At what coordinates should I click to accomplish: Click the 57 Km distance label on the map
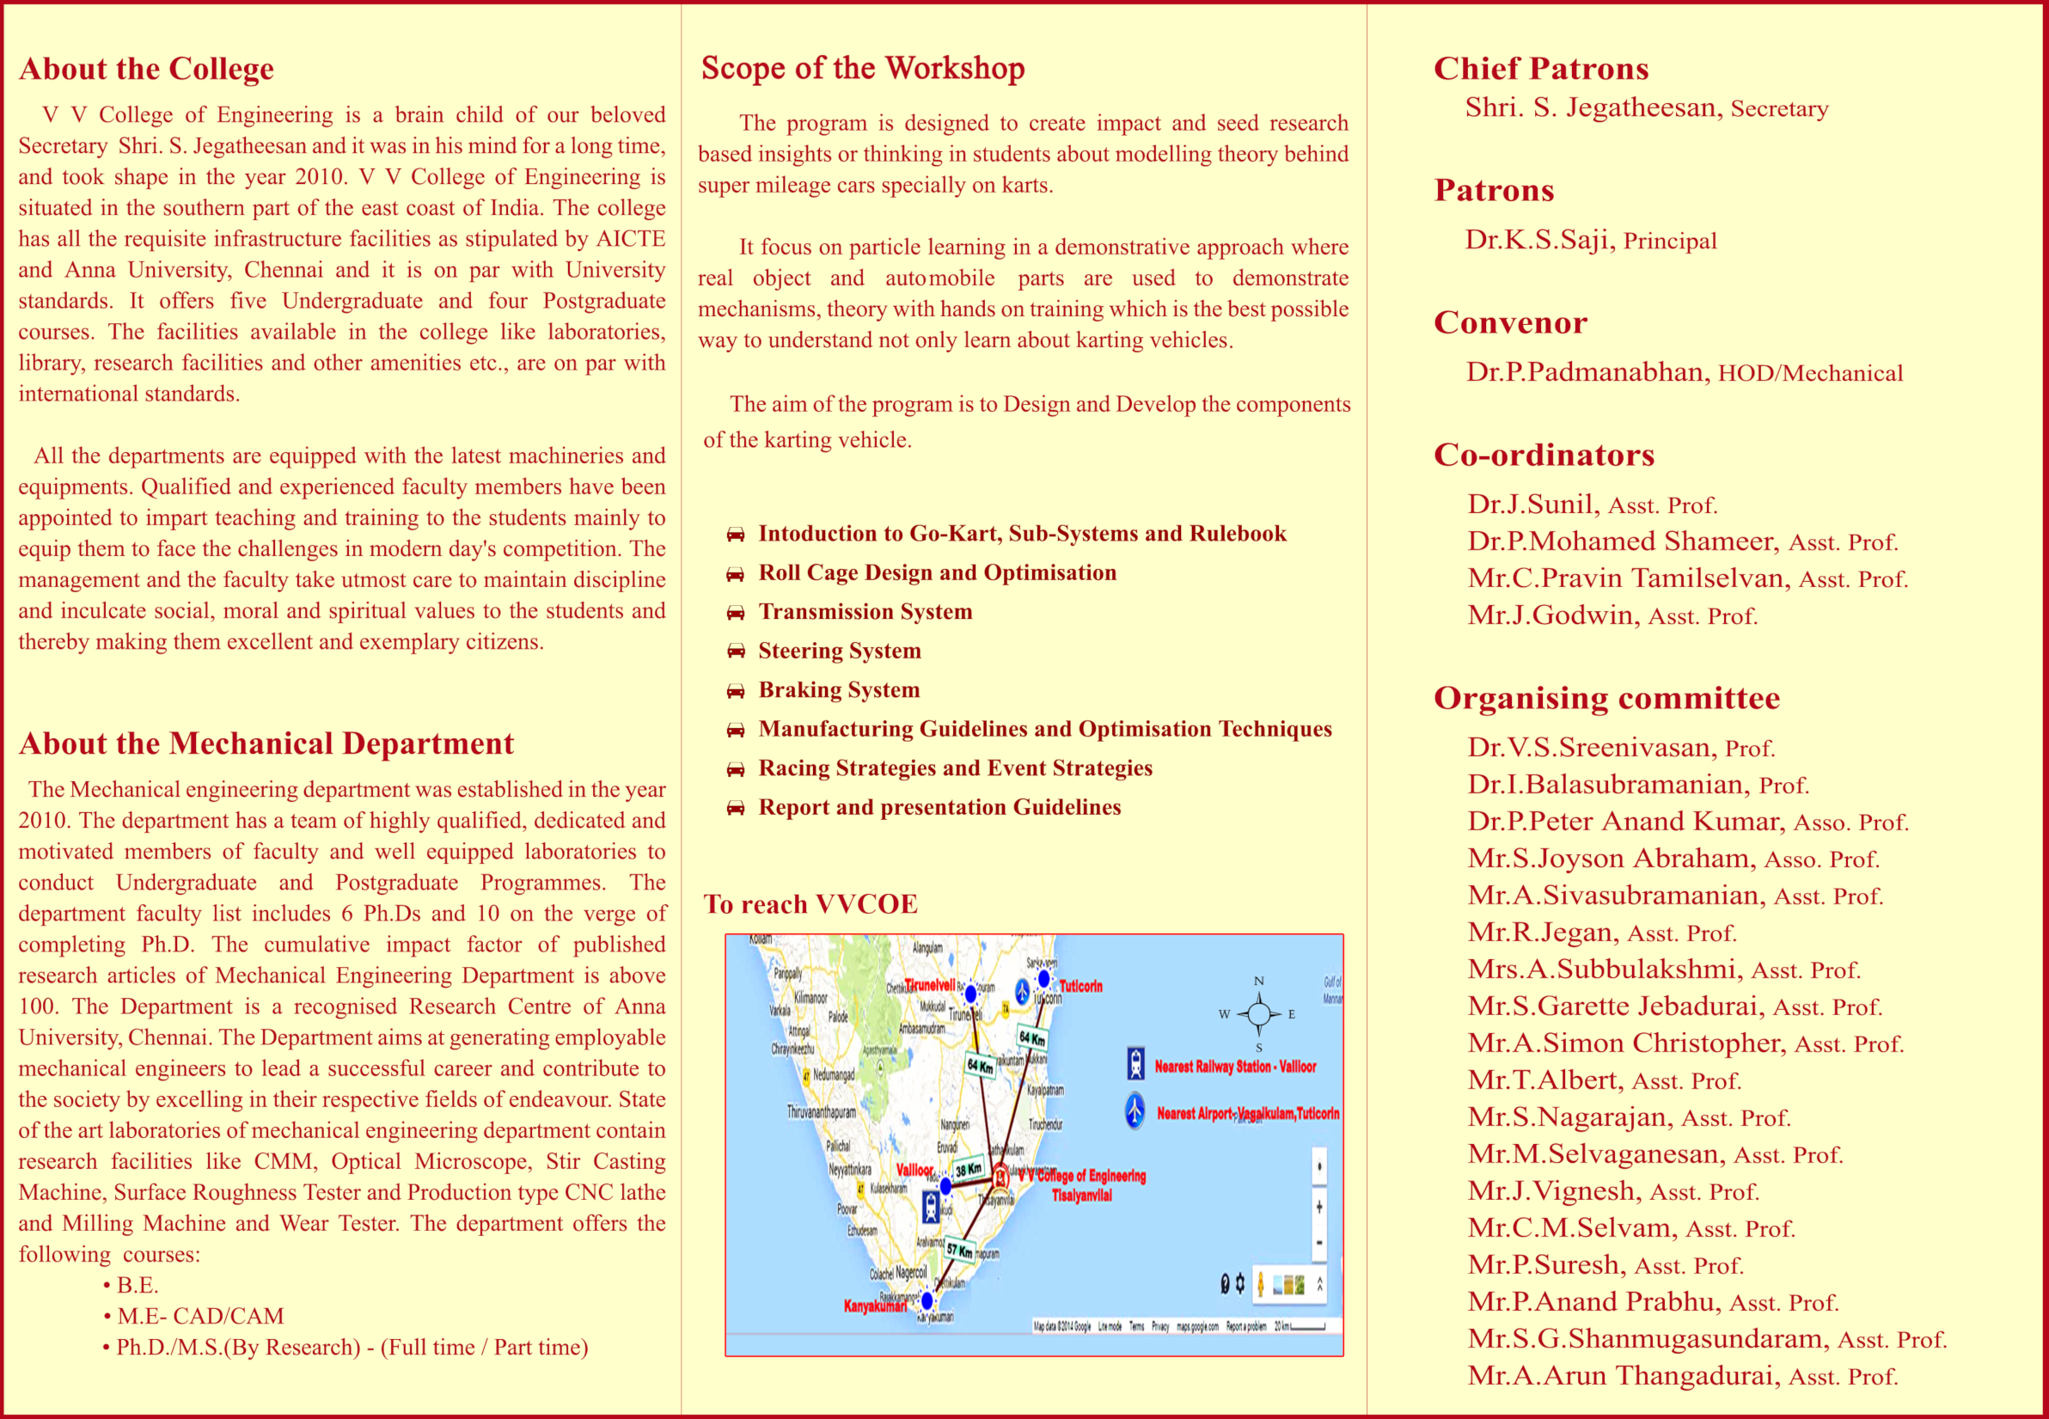click(958, 1249)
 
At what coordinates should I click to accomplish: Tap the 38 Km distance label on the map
click(968, 1169)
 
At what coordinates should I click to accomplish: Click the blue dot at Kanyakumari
click(927, 1300)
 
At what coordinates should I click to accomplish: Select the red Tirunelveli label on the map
click(930, 985)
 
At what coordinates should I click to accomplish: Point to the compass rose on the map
click(1259, 1013)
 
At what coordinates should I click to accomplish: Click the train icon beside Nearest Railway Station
click(1135, 1063)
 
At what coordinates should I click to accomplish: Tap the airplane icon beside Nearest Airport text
click(1135, 1110)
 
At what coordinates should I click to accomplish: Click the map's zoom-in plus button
click(1319, 1207)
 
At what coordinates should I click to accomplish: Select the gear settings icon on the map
click(1240, 1284)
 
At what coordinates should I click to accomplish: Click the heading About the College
click(147, 70)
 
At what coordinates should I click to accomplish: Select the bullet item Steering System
click(839, 651)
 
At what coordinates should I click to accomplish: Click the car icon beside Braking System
click(735, 691)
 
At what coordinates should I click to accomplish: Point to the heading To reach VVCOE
click(810, 904)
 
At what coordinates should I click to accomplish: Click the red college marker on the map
click(1001, 1176)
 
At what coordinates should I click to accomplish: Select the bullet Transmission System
click(865, 612)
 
